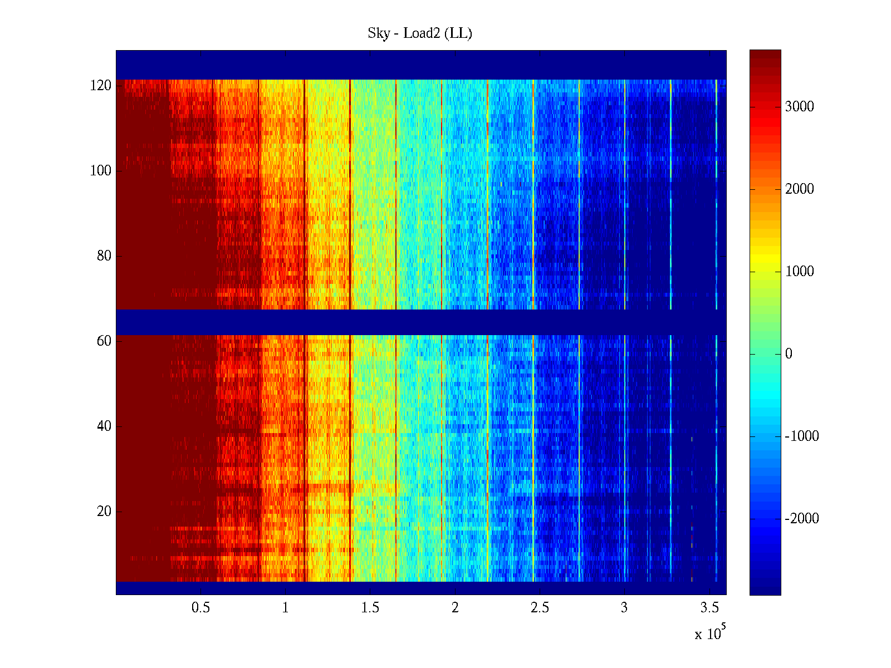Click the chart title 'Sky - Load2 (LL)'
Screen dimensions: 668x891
tap(420, 33)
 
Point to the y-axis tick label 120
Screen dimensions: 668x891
tap(101, 86)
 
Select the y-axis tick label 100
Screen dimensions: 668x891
tap(101, 171)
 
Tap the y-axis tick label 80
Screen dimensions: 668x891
tap(104, 256)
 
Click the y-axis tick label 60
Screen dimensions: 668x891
tap(104, 341)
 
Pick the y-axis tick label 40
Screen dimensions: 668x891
tap(104, 426)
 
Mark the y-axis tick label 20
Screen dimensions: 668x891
tap(104, 512)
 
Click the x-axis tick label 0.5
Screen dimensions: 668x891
tap(200, 608)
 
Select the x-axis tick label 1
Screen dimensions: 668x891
tap(286, 608)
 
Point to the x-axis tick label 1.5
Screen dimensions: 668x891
tap(370, 608)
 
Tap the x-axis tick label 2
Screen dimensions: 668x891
tap(455, 608)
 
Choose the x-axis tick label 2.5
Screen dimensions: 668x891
tap(540, 608)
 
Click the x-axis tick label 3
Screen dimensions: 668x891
tap(624, 608)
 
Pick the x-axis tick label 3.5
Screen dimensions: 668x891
tap(709, 608)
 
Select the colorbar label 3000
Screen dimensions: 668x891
tap(800, 107)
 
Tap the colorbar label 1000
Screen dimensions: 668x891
tap(800, 272)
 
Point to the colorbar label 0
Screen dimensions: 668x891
tap(789, 354)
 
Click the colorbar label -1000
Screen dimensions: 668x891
tap(802, 436)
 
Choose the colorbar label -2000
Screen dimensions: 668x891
tap(802, 519)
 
